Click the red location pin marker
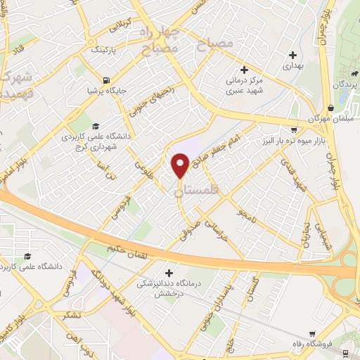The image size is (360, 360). point(180,165)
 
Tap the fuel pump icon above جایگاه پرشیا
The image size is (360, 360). point(106,79)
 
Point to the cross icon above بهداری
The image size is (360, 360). point(292,55)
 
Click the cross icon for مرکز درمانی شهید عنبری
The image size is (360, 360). point(244,69)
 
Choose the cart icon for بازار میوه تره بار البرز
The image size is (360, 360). point(293,130)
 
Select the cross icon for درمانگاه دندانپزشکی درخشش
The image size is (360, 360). point(168,272)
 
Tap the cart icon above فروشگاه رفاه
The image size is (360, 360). point(312,334)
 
